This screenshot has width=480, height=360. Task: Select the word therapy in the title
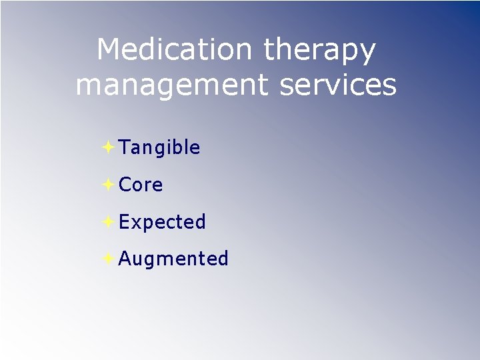pos(320,51)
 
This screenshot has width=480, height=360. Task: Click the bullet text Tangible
pos(159,148)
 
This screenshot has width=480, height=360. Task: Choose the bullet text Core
pos(141,185)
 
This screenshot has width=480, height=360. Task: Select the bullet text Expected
pos(162,222)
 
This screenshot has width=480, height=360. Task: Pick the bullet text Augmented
pos(173,259)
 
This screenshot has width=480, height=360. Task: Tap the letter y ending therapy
pos(367,53)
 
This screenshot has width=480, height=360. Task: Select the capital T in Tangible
pos(124,147)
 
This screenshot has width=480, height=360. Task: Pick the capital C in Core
pos(125,185)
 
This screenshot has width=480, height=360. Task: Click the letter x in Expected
pos(137,223)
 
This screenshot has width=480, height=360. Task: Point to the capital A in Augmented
pos(125,258)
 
